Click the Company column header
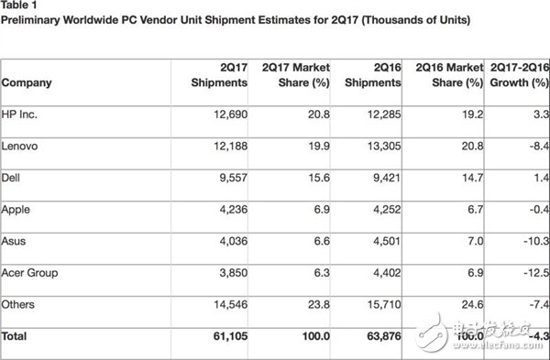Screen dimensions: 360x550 tap(27, 82)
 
